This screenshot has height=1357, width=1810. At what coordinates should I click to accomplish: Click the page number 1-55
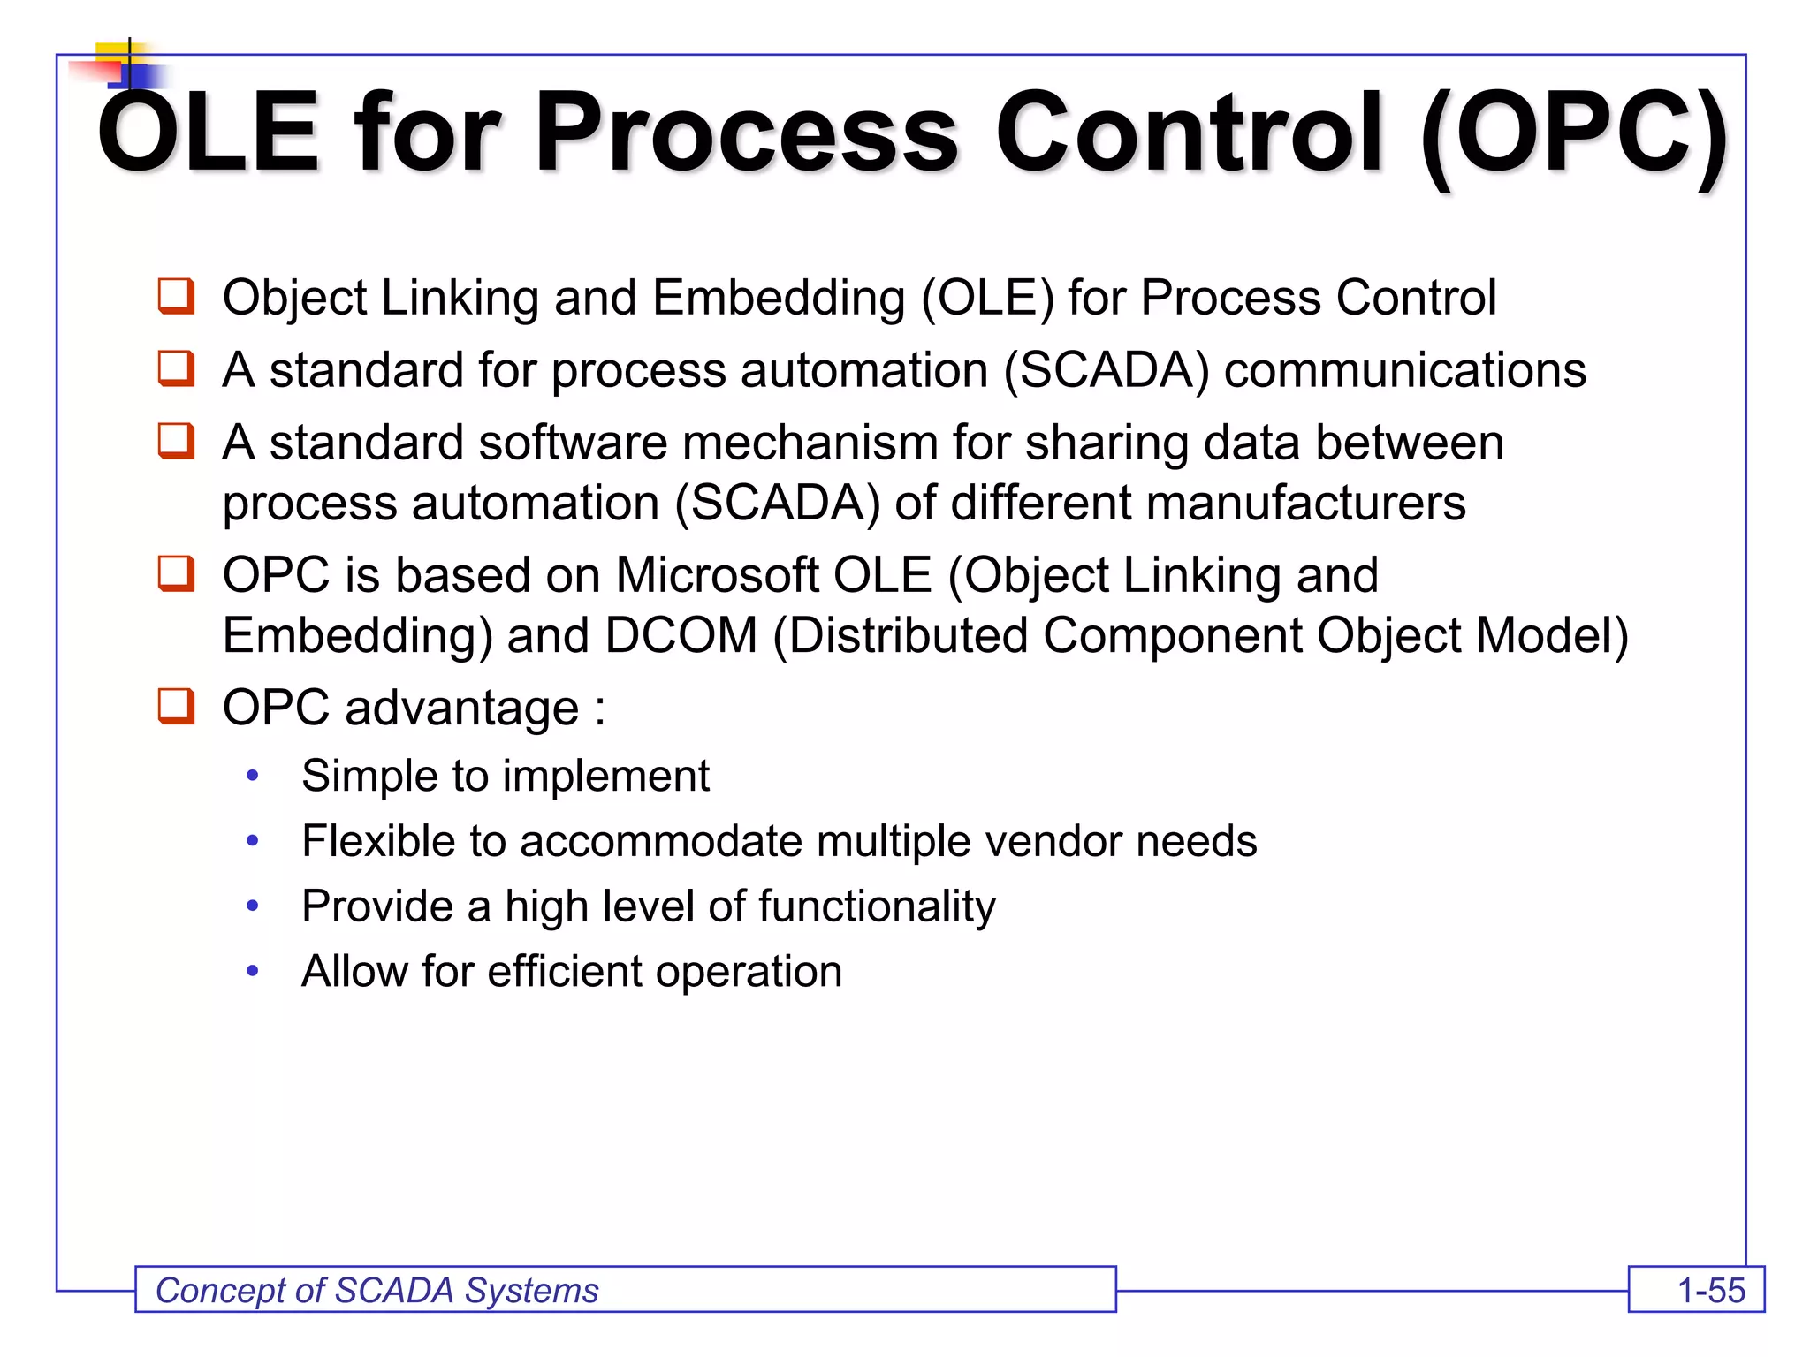pyautogui.click(x=1710, y=1291)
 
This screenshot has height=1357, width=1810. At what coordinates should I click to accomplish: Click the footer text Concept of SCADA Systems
pyautogui.click(x=377, y=1291)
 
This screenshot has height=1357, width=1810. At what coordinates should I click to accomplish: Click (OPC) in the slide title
pyautogui.click(x=1574, y=134)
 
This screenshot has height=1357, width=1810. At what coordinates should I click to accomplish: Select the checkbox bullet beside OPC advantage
pyautogui.click(x=176, y=706)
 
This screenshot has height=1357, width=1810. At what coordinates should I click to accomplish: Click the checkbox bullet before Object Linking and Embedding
pyautogui.click(x=176, y=296)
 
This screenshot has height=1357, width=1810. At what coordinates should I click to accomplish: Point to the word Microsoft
pyautogui.click(x=717, y=575)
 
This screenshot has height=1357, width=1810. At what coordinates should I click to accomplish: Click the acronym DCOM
pyautogui.click(x=681, y=635)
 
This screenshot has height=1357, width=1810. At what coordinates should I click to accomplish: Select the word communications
pyautogui.click(x=1404, y=369)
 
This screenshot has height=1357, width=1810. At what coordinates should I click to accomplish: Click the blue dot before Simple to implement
pyautogui.click(x=253, y=776)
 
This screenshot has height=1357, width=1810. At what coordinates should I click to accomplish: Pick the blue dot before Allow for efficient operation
pyautogui.click(x=253, y=972)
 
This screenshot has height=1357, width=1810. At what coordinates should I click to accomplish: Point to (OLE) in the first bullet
pyautogui.click(x=987, y=298)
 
